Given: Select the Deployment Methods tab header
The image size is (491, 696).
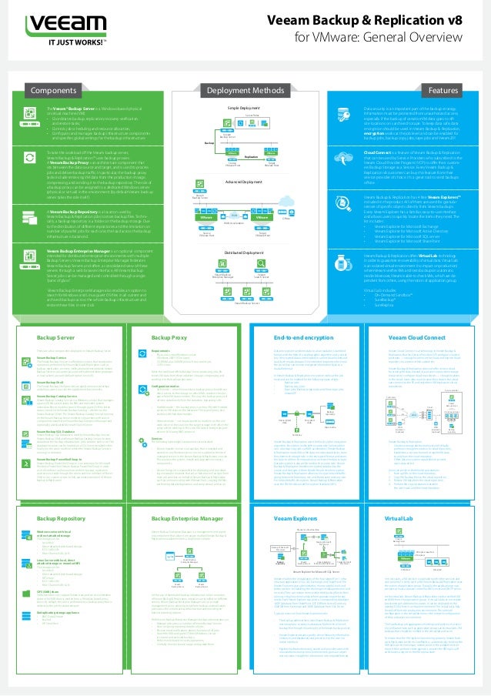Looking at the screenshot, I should tap(245, 90).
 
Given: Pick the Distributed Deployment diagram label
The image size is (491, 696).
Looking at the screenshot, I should tap(245, 252).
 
